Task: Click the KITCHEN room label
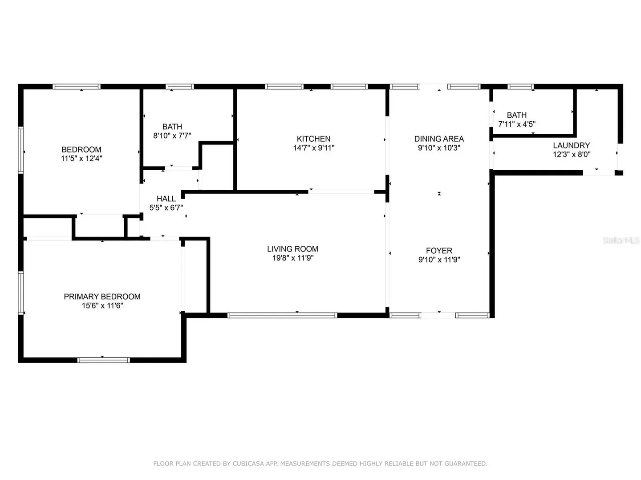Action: click(314, 139)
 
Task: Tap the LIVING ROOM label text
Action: click(292, 249)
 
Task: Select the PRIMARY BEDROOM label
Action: click(102, 297)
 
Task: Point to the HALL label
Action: click(166, 199)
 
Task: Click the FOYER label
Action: click(439, 251)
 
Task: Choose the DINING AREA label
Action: click(439, 139)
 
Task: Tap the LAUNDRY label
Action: click(572, 145)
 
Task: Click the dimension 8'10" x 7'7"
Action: click(172, 136)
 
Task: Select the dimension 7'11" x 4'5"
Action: click(517, 124)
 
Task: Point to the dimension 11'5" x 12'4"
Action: click(81, 159)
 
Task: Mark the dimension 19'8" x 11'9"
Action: click(293, 258)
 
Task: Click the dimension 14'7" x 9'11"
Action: click(314, 148)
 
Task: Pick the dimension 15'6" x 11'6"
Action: click(102, 306)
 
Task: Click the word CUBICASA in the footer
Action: click(248, 464)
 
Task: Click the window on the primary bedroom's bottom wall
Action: click(104, 360)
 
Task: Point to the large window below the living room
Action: click(282, 316)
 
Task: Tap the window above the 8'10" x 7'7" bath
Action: click(179, 87)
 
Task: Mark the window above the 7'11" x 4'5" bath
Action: click(521, 87)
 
